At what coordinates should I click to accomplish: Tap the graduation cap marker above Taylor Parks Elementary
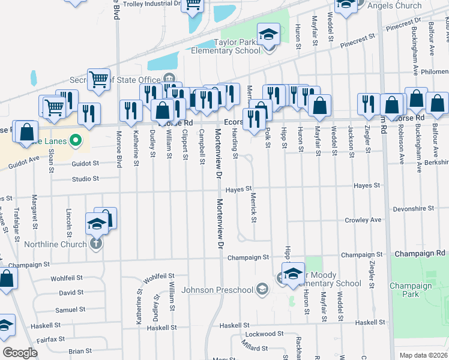pyautogui.click(x=268, y=34)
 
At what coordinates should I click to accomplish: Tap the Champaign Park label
pyautogui.click(x=411, y=290)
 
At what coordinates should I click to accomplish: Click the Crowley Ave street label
pyautogui.click(x=363, y=221)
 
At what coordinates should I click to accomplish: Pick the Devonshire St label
pyautogui.click(x=413, y=209)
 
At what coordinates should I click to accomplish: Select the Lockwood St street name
pyautogui.click(x=264, y=334)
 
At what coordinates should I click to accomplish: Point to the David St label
pyautogui.click(x=71, y=293)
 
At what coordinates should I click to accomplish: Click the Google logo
pyautogui.click(x=20, y=353)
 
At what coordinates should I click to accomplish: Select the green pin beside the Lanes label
pyautogui.click(x=75, y=142)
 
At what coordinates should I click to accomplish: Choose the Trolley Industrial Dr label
pyautogui.click(x=152, y=4)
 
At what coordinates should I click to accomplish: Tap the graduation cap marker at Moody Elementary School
pyautogui.click(x=293, y=274)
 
